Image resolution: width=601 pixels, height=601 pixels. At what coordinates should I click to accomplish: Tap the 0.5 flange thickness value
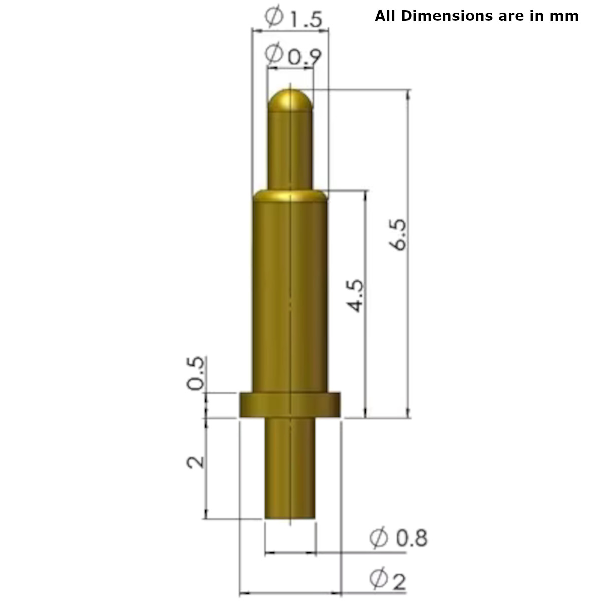(196, 373)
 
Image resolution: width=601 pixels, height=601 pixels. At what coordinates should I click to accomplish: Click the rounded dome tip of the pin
(290, 100)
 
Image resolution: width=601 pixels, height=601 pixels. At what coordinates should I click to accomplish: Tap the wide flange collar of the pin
(290, 405)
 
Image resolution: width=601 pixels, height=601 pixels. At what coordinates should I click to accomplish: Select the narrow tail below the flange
(290, 468)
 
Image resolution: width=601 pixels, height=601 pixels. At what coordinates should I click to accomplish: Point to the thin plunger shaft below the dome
(290, 150)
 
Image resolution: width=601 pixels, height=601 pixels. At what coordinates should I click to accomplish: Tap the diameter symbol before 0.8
(379, 538)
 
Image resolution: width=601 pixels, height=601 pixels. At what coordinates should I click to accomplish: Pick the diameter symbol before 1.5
(274, 18)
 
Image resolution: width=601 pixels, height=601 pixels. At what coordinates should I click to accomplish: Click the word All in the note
(385, 16)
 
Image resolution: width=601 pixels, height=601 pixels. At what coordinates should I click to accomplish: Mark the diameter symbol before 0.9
(275, 53)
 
